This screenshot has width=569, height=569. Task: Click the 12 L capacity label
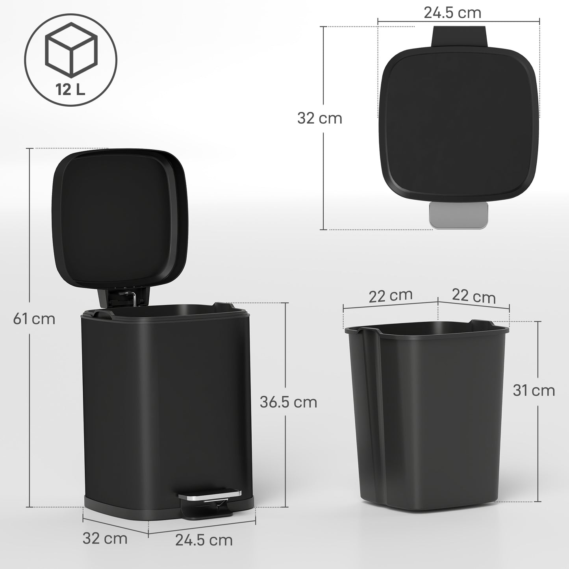(x=70, y=90)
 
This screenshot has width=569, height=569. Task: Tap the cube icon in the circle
(x=71, y=49)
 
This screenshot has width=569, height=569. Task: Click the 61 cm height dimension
(x=34, y=319)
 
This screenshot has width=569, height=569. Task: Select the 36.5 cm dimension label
(x=288, y=402)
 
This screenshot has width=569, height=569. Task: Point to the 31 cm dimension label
(x=534, y=390)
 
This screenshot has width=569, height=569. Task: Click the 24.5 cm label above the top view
(x=452, y=13)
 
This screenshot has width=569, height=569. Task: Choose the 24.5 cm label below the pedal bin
(x=204, y=540)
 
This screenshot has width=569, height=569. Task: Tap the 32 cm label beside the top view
(x=319, y=118)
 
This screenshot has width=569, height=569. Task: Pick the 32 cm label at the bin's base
(x=105, y=538)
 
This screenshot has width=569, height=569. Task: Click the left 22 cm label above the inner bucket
(x=390, y=296)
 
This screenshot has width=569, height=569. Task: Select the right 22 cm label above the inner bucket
(x=473, y=296)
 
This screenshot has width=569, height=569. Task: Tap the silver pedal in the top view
(x=458, y=215)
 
